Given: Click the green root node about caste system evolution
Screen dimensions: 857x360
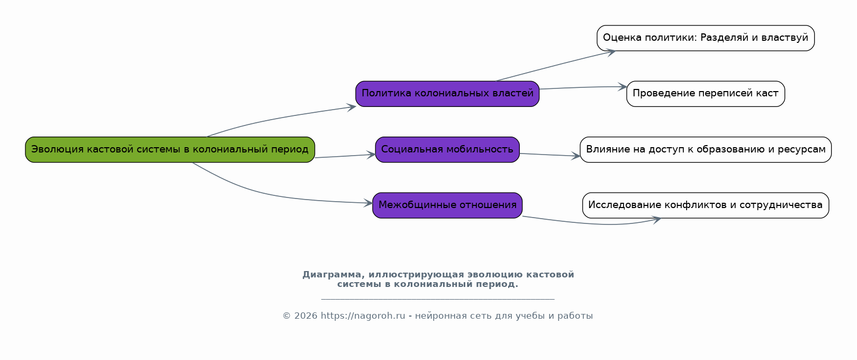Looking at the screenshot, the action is point(170,150).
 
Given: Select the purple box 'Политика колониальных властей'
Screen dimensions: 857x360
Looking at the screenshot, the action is point(447,94).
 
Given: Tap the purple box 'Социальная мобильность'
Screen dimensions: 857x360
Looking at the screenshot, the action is point(447,150).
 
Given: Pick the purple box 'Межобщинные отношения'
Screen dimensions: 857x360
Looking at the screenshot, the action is point(447,205).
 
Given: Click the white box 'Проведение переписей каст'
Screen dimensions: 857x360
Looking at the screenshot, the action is point(706,94).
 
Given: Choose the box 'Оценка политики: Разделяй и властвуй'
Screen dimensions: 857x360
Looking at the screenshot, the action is point(706,38).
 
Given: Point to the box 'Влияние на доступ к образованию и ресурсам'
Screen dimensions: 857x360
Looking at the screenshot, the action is point(706,150).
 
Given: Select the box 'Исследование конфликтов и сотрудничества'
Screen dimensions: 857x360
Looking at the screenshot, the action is point(706,205).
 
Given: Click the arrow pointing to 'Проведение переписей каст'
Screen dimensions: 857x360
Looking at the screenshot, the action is point(583,87).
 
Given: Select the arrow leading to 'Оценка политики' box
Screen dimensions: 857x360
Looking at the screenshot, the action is point(555,66).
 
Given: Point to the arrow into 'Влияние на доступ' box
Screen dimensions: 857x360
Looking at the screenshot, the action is point(550,155).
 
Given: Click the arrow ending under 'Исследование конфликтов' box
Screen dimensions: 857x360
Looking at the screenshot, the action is point(593,223).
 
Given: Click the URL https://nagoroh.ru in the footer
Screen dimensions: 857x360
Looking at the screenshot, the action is point(363,316).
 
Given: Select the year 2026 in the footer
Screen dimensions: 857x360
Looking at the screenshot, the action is point(305,316).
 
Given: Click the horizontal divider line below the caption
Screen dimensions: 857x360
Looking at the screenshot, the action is point(438,299).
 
